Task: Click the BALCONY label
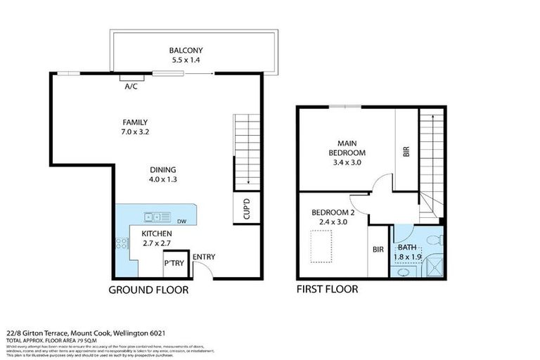(186, 50)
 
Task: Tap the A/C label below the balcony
(131, 87)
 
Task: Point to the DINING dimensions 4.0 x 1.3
(162, 179)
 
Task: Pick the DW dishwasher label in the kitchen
(181, 222)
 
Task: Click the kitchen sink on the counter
(153, 217)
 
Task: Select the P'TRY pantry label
(173, 264)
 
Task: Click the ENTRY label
(203, 257)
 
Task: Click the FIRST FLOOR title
(327, 289)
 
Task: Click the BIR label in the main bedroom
(406, 152)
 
